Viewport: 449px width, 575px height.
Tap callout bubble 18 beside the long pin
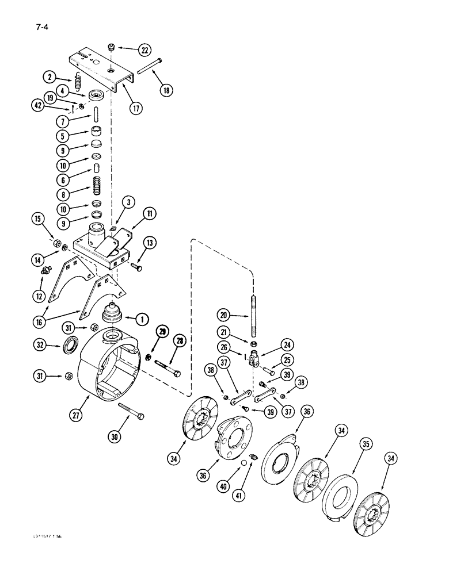(168, 90)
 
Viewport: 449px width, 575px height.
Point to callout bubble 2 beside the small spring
(50, 76)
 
